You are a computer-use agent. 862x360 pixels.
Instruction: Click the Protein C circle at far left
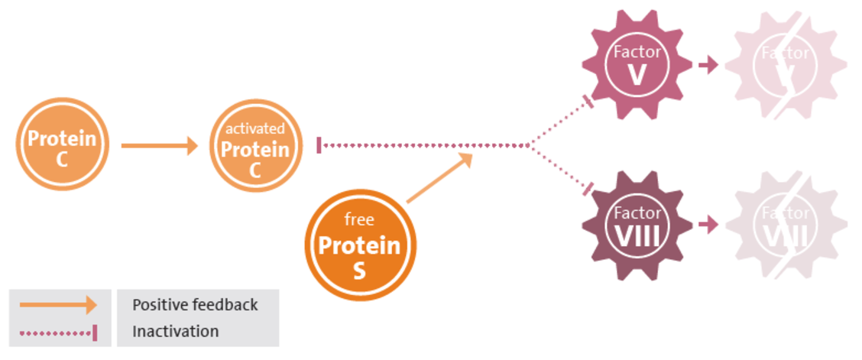click(x=62, y=144)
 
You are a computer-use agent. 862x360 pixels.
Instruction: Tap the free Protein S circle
click(x=359, y=245)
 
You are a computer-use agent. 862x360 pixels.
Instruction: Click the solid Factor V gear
click(x=637, y=65)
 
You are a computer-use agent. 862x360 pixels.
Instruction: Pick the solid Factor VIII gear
click(x=637, y=225)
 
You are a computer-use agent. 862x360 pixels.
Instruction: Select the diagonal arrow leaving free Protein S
click(x=439, y=179)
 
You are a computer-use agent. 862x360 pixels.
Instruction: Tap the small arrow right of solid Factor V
click(x=708, y=65)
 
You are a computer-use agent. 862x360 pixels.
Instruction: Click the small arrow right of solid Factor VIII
click(x=708, y=225)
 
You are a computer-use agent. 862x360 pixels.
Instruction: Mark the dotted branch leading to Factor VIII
click(x=562, y=168)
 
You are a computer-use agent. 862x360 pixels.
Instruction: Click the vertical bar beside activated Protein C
click(x=319, y=144)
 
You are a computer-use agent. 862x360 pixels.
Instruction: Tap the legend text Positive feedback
click(x=195, y=305)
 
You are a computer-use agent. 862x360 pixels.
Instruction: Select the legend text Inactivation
click(x=175, y=332)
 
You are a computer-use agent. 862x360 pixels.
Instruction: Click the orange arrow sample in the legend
click(x=58, y=305)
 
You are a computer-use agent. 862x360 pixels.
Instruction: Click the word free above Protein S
click(x=359, y=220)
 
